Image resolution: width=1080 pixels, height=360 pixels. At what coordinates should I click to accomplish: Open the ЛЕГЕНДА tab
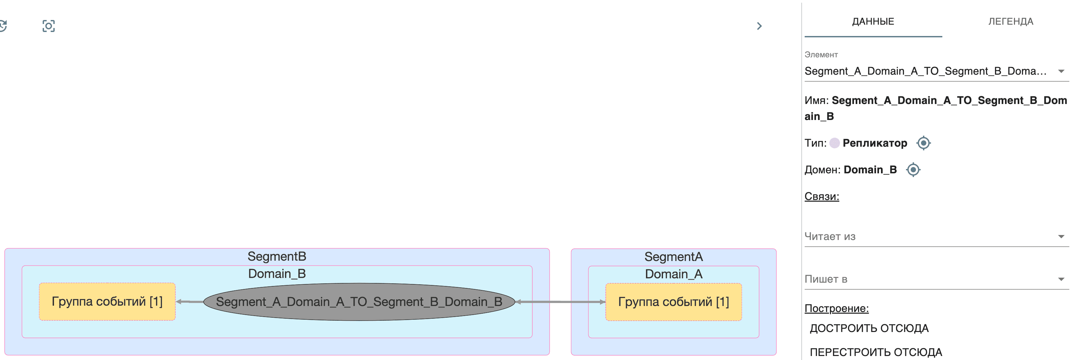[x=1010, y=21]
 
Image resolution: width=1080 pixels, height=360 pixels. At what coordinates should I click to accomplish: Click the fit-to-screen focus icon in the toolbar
[x=49, y=26]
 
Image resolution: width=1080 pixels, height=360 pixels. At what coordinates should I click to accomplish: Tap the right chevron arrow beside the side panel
[x=759, y=26]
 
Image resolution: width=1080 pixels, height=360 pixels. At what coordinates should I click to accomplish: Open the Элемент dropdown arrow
[x=1061, y=71]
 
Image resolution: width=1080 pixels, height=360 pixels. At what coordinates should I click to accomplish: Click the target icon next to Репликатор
[x=923, y=143]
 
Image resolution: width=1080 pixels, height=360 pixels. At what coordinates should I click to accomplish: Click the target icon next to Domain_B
[x=913, y=170]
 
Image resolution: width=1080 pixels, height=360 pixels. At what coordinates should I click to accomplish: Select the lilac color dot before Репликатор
[x=834, y=143]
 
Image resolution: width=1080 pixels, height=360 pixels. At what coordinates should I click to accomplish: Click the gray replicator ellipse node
[x=359, y=302]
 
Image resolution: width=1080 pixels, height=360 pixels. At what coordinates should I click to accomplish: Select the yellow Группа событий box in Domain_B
[x=107, y=302]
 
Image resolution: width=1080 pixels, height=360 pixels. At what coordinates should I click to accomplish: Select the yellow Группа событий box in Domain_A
[x=673, y=302]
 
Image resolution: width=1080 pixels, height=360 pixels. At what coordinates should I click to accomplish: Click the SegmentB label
[x=277, y=256]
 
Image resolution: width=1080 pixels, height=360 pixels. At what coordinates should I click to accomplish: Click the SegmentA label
[x=673, y=256]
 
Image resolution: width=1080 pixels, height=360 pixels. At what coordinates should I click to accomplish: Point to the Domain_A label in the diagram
[x=673, y=274]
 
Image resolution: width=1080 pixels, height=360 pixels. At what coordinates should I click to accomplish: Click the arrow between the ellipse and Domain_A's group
[x=560, y=302]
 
